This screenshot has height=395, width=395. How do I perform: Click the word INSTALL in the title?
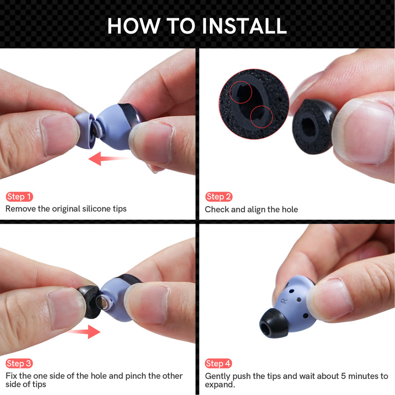(244, 26)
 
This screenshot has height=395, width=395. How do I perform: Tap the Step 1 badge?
(19, 197)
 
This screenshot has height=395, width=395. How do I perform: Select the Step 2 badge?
(219, 197)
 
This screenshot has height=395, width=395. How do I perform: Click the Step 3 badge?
(19, 363)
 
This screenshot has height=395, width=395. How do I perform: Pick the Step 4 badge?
(218, 363)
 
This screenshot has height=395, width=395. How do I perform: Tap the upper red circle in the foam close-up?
(240, 92)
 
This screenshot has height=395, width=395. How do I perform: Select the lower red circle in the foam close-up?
(262, 117)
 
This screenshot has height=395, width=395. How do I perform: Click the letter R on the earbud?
(284, 301)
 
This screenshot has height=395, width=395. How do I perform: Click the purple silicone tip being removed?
(85, 131)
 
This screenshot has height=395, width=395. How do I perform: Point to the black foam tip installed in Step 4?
(274, 323)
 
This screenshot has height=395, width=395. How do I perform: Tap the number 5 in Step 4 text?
(343, 376)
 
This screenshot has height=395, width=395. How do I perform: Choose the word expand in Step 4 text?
(219, 385)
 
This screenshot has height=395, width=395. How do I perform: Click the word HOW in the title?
(133, 26)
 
